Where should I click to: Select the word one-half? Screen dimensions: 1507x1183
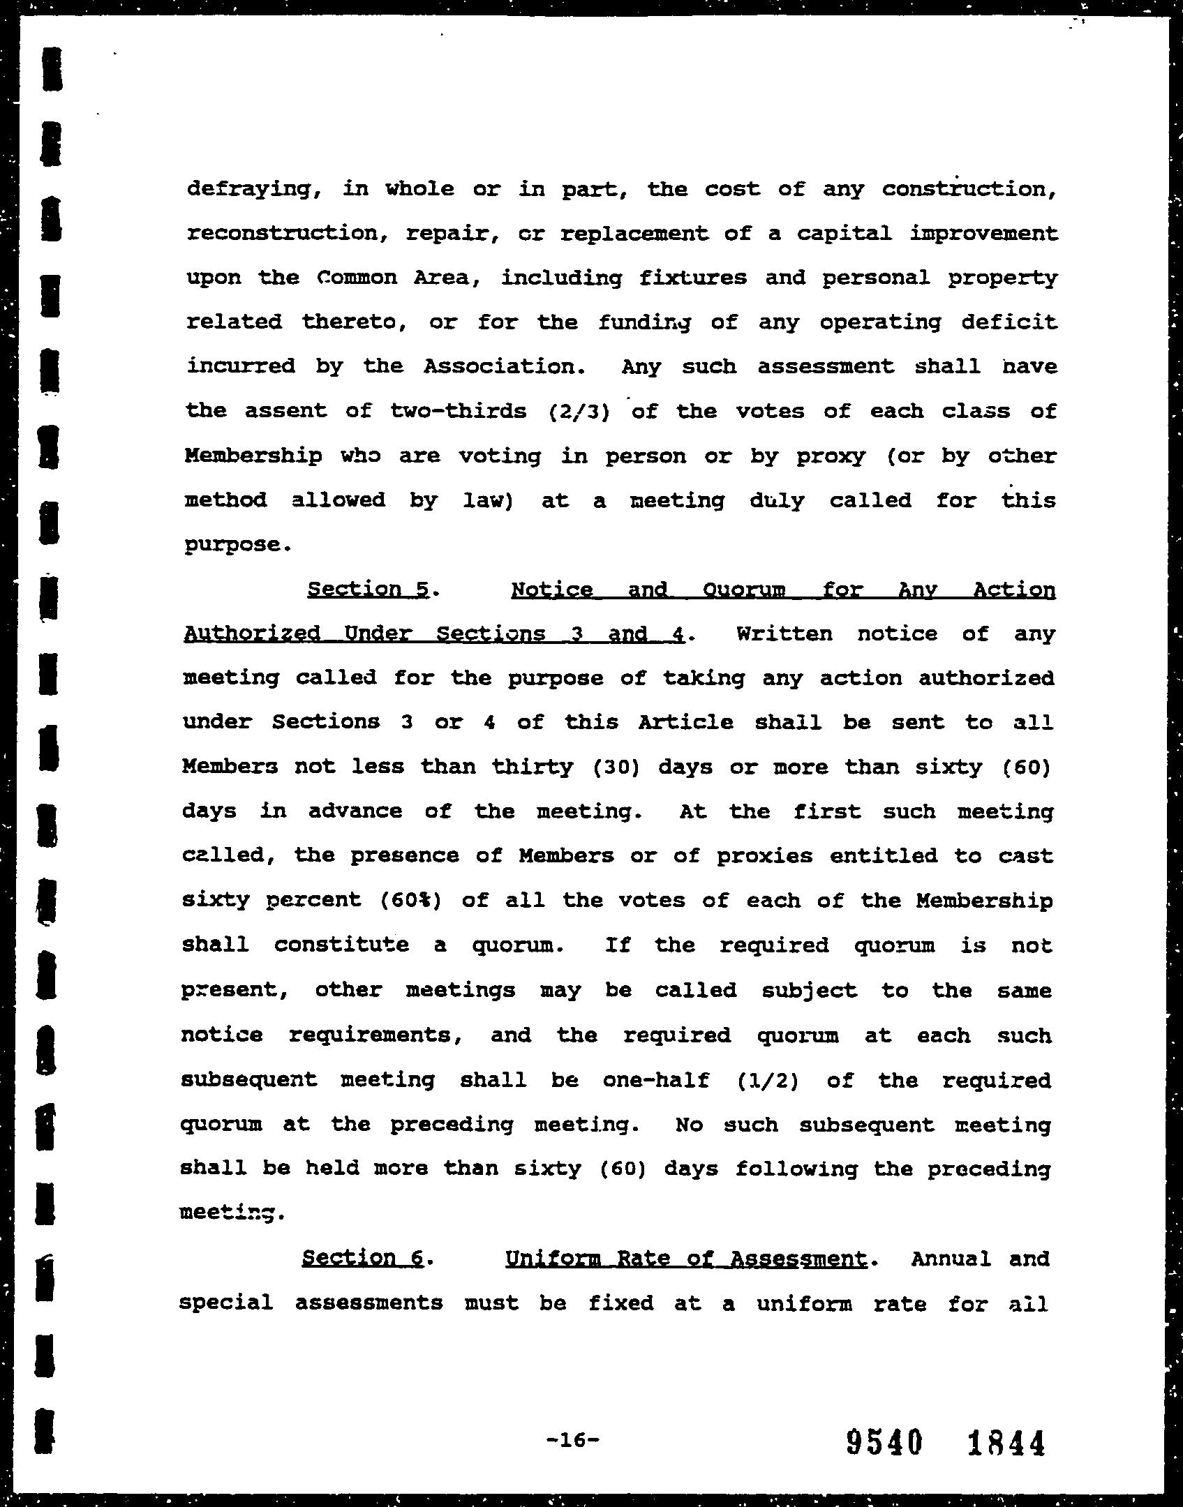click(x=656, y=1080)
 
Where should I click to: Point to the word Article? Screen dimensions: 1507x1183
click(x=685, y=723)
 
